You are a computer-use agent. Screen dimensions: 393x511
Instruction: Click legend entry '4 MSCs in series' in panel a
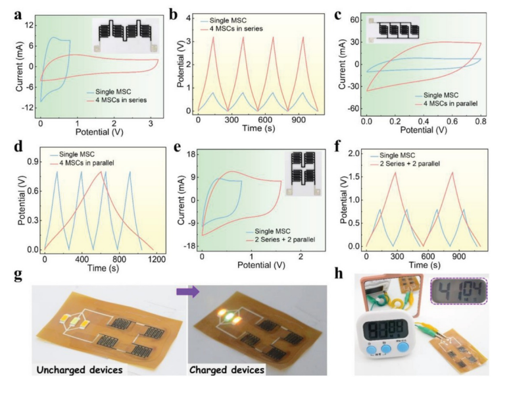coord(122,99)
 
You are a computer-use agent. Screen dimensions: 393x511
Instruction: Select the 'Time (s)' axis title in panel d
coord(99,269)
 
